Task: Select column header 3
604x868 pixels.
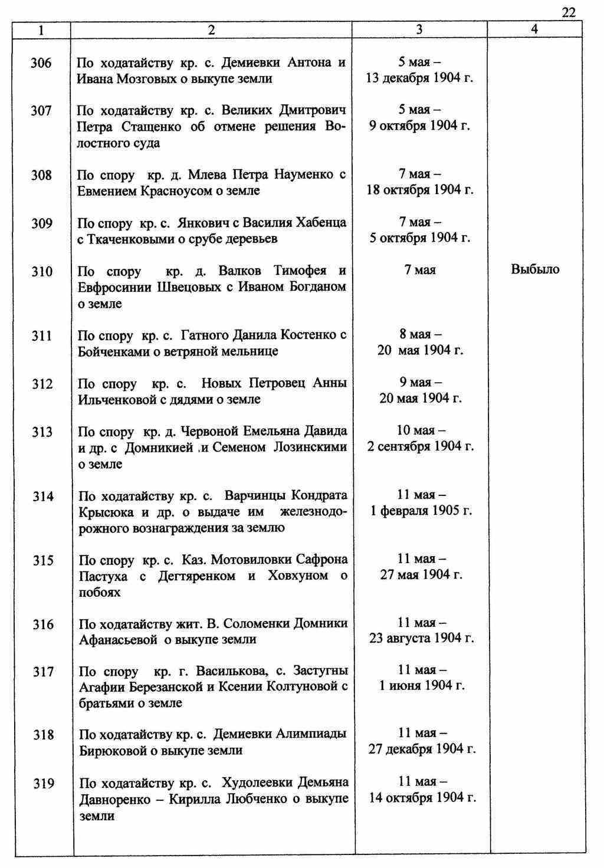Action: coord(419,29)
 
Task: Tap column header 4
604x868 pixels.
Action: coord(534,29)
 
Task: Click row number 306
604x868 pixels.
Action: coord(41,63)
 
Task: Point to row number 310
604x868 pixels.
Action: coord(41,271)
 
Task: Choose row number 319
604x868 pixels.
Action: coord(43,784)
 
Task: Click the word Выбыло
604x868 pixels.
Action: coord(535,270)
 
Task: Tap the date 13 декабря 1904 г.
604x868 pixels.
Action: coord(420,78)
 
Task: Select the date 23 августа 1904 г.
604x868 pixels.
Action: coord(421,638)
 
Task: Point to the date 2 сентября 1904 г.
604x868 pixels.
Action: coord(420,446)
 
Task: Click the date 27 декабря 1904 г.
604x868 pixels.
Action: coord(422,749)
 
